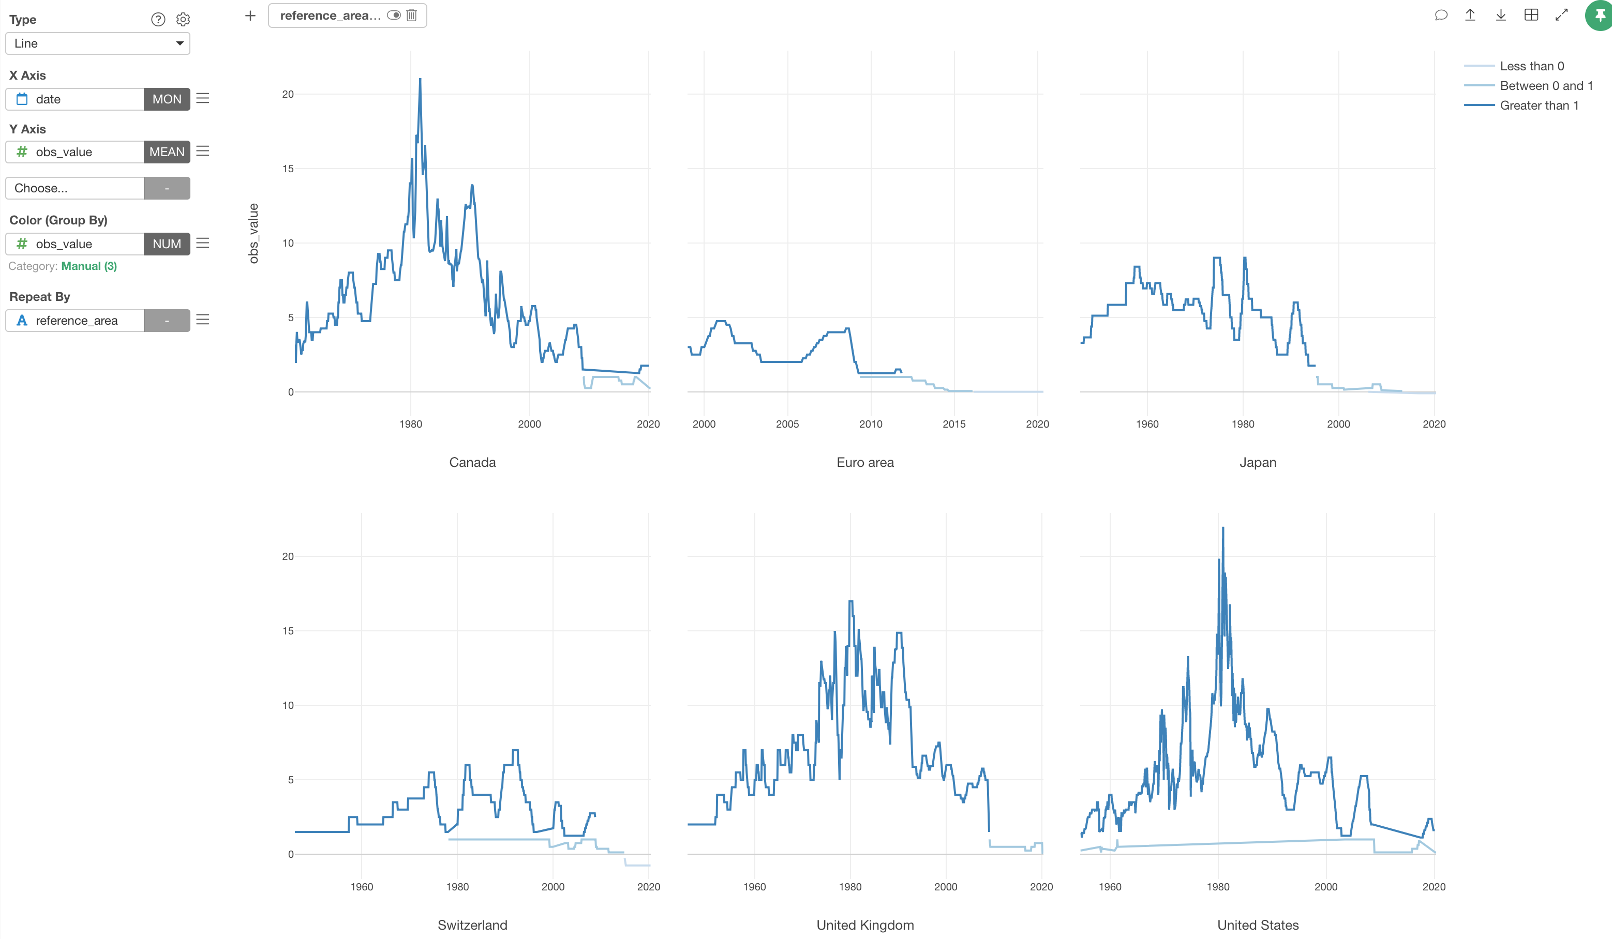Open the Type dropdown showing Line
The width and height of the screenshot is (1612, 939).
[97, 43]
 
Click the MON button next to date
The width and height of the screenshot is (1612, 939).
[166, 99]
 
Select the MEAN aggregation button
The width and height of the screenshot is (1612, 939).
[166, 152]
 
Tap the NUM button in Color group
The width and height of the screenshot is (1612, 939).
[166, 244]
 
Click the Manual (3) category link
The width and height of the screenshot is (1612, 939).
[89, 266]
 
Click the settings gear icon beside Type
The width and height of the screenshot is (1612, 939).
[183, 20]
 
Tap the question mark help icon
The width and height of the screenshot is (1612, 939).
[158, 20]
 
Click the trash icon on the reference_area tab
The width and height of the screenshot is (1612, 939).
[412, 16]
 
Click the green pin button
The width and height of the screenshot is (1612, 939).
[1599, 16]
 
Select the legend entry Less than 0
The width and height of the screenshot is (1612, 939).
[1531, 66]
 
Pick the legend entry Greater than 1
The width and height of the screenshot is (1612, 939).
[1539, 105]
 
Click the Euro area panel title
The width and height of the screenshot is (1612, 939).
[865, 462]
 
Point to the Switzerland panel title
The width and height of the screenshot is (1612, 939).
[472, 925]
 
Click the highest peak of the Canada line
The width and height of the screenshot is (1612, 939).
[420, 79]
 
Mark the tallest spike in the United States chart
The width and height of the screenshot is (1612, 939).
[1223, 528]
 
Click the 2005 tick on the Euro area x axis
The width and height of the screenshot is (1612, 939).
[787, 424]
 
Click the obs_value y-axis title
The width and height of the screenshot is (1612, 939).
[253, 233]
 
